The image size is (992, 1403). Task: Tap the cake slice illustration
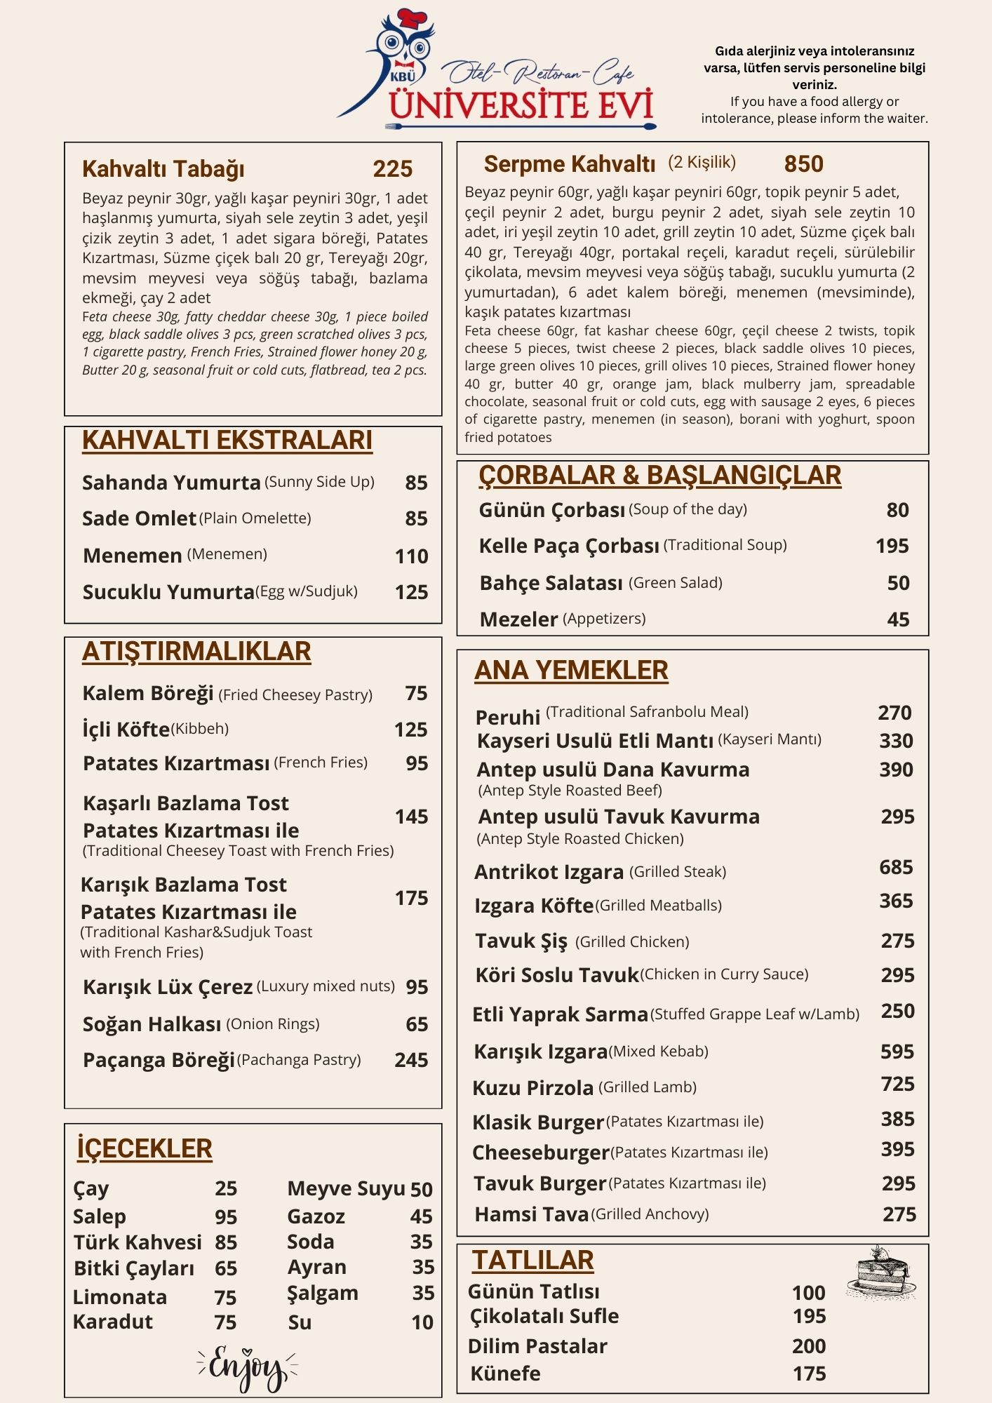coord(882,1271)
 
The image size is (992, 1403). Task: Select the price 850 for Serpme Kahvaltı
coord(803,163)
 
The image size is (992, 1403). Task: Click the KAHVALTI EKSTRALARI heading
coord(227,441)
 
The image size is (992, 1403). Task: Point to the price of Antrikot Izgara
coord(896,867)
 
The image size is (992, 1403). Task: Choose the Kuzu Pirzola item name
coord(533,1087)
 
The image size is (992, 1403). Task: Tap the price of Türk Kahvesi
coord(226,1242)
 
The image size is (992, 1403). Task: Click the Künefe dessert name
coord(505,1373)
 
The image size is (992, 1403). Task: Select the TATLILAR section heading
coord(532,1260)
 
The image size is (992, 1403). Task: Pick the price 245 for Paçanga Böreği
coord(411,1059)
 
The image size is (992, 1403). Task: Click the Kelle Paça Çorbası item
coord(569,546)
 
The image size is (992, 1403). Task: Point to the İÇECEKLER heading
coord(145,1148)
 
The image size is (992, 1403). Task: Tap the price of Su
coord(422,1322)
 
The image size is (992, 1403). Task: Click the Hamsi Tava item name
coord(531,1214)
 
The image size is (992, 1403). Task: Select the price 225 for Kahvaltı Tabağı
coord(392,169)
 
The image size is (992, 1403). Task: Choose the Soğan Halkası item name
coord(152,1024)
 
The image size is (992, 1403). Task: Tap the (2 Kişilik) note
coord(702,162)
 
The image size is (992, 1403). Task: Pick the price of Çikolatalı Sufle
coord(809,1316)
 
